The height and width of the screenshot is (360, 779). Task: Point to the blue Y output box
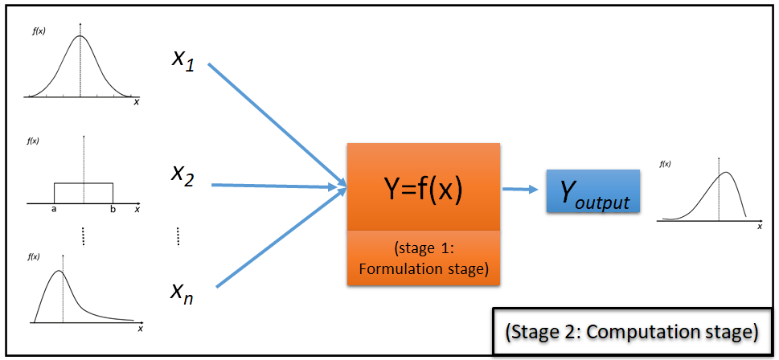(x=592, y=191)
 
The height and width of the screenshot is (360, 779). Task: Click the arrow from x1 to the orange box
(x=277, y=125)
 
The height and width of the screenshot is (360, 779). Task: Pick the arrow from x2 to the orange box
(x=277, y=186)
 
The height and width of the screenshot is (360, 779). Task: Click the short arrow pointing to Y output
(x=520, y=190)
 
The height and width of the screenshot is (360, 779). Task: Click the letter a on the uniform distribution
(x=54, y=210)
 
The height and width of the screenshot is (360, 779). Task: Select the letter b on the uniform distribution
(x=113, y=210)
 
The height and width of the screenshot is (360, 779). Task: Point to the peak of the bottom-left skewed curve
(x=58, y=271)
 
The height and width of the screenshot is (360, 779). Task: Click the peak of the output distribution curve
(x=726, y=173)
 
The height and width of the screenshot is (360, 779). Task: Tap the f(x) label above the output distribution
(x=665, y=163)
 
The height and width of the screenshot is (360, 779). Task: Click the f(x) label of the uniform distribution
(x=33, y=141)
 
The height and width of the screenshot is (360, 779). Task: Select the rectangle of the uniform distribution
(x=83, y=192)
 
